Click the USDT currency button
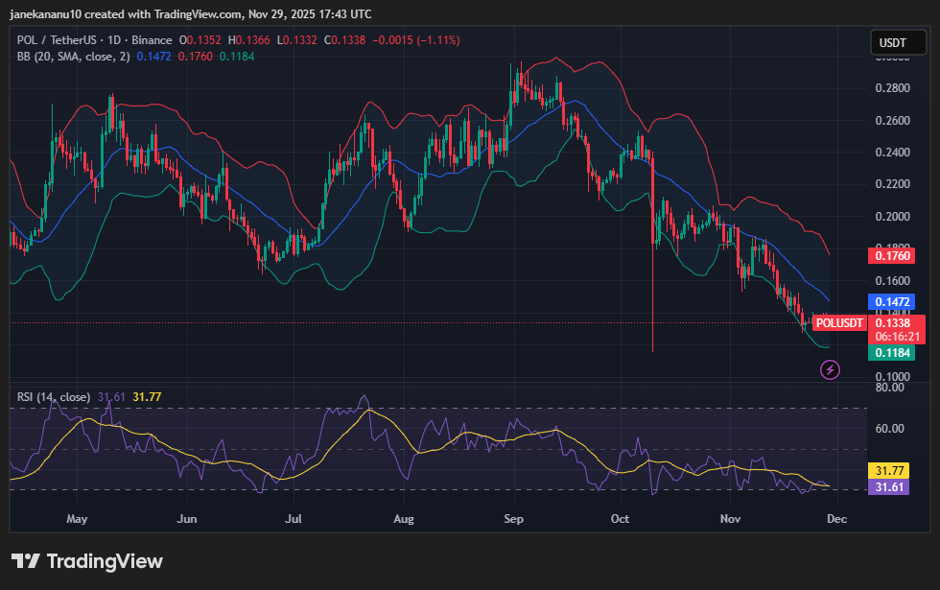click(892, 42)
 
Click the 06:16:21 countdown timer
click(898, 337)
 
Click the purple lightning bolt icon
click(831, 369)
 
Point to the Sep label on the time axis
click(514, 519)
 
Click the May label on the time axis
click(77, 519)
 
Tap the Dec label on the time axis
click(836, 519)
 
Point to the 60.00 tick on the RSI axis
click(892, 429)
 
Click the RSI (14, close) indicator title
click(54, 396)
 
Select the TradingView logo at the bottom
click(87, 561)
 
